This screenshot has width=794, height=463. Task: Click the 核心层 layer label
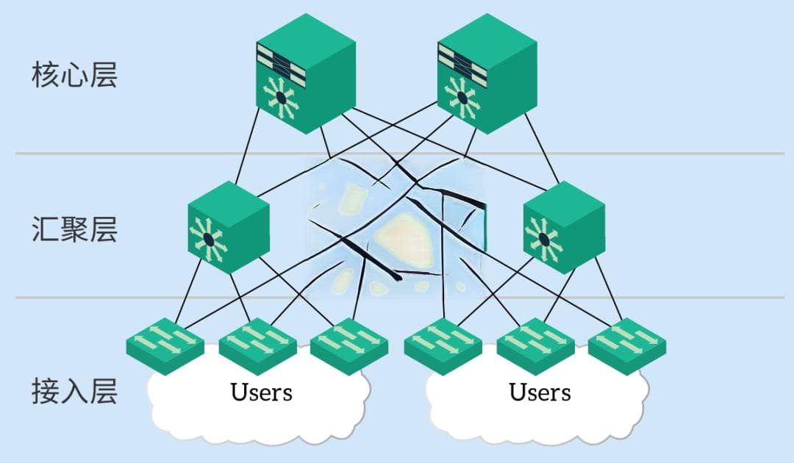74,75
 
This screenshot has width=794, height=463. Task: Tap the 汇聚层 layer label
74,229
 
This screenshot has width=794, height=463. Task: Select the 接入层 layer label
74,391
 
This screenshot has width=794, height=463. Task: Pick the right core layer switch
487,73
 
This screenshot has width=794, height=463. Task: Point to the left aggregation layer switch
229,227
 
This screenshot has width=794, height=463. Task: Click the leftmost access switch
165,345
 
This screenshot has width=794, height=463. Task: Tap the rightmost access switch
627,345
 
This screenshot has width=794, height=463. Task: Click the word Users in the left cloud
261,392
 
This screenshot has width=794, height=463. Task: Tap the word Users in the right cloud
540,392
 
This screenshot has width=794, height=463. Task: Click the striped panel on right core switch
462,61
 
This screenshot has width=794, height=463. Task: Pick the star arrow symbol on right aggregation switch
543,240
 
